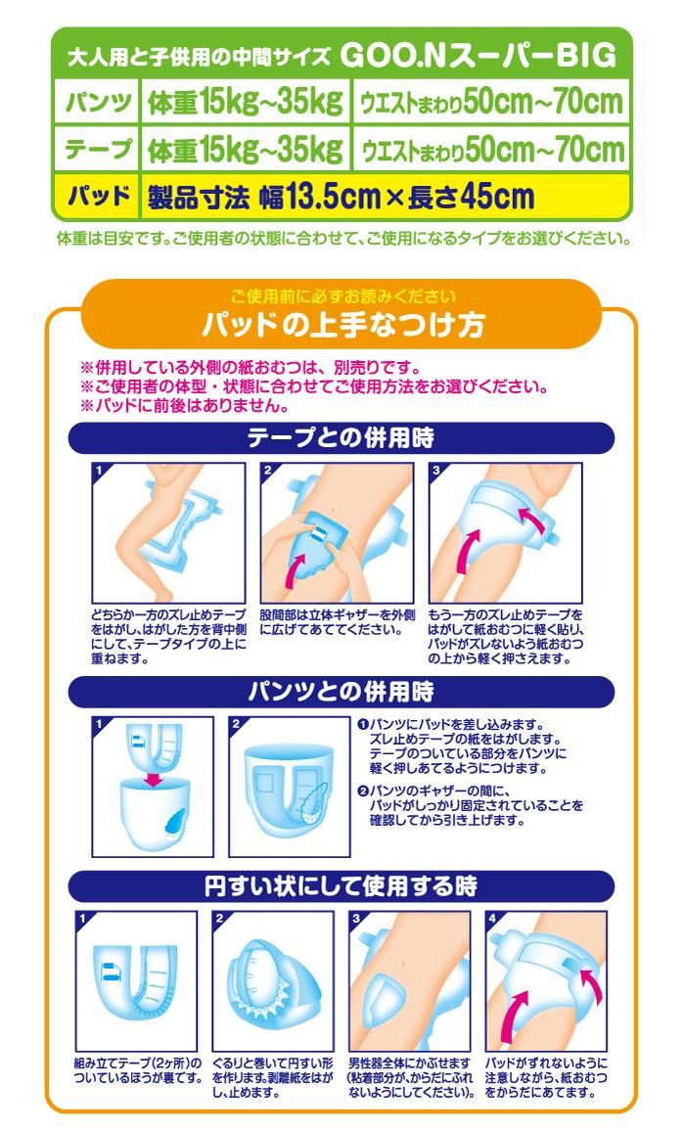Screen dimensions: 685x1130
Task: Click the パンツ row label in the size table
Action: (97, 102)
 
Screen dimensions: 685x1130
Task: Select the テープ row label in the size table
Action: (97, 149)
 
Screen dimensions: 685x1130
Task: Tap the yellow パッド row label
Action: (98, 196)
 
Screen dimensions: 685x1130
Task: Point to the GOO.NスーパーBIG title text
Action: (479, 56)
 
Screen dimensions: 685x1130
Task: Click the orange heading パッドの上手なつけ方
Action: (342, 325)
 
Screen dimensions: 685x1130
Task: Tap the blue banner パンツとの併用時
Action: (342, 692)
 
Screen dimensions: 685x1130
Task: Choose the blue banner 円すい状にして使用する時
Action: (342, 885)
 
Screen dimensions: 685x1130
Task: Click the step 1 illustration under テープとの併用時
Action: (168, 533)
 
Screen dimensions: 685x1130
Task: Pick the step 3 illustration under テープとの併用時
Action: (506, 533)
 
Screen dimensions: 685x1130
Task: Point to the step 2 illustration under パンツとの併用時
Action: (289, 787)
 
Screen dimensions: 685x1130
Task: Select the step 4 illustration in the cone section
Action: (546, 981)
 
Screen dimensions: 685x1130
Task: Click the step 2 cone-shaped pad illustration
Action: (273, 981)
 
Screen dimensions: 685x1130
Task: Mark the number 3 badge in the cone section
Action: (355, 919)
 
